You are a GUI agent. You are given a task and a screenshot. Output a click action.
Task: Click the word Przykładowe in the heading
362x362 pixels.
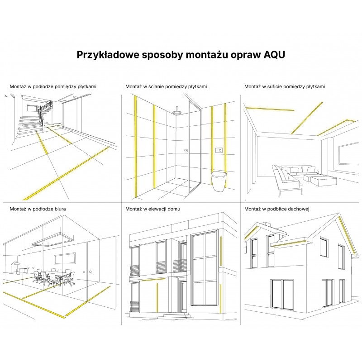click(107, 55)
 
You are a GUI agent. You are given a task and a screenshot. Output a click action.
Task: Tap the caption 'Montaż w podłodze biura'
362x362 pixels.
click(38, 209)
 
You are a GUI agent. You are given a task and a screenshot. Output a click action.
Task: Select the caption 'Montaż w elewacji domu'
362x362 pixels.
click(152, 209)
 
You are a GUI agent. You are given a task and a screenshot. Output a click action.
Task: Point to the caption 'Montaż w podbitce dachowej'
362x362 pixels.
click(276, 209)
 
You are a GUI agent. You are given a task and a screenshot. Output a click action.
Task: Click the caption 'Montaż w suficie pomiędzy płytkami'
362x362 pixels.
click(285, 86)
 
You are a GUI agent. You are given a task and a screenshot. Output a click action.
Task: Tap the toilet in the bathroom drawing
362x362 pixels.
click(218, 181)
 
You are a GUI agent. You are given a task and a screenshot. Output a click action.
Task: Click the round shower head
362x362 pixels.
click(177, 112)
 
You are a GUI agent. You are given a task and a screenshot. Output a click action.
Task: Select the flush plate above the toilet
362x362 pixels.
click(219, 150)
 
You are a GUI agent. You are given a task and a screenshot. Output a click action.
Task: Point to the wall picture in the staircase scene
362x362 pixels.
click(32, 108)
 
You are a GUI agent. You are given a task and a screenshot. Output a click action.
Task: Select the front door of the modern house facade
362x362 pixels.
click(184, 296)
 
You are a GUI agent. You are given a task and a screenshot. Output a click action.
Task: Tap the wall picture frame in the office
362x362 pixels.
click(65, 258)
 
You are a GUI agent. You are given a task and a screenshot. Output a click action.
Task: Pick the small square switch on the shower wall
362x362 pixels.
click(186, 151)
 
